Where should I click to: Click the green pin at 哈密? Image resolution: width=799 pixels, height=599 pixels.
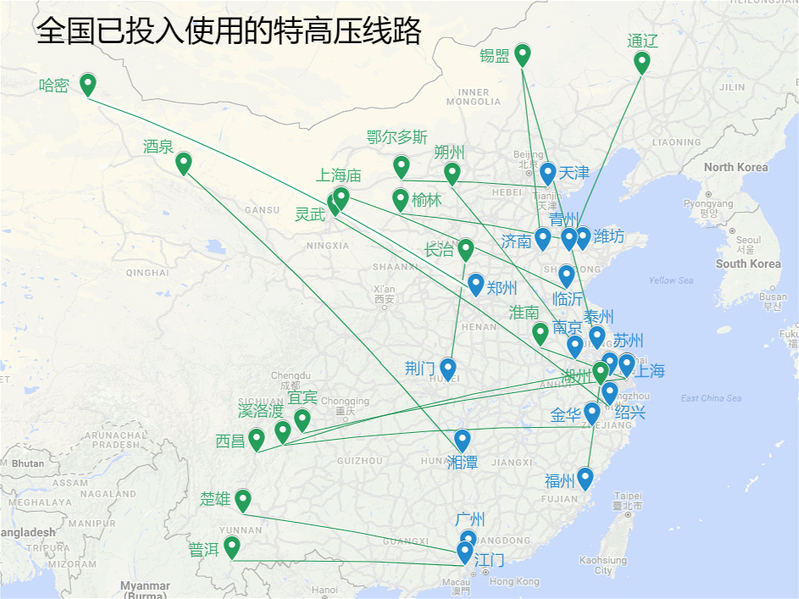tap(87, 83)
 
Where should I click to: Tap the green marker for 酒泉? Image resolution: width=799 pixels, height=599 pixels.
tap(183, 162)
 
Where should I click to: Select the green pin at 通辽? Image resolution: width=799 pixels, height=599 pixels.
tap(641, 61)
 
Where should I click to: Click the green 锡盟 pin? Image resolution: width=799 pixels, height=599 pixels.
tap(523, 54)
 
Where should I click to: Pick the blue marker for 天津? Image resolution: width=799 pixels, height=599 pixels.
tap(548, 172)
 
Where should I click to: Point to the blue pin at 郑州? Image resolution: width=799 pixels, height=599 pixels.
tap(476, 284)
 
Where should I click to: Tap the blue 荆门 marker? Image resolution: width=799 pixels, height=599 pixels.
tap(447, 369)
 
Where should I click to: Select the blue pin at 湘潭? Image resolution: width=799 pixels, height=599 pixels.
tap(462, 440)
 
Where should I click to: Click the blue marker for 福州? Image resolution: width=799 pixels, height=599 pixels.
tap(584, 478)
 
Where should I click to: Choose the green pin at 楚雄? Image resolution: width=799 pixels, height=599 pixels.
tap(242, 500)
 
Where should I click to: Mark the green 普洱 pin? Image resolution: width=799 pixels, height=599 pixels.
tap(231, 546)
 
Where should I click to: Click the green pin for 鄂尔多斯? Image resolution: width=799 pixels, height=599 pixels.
tap(402, 166)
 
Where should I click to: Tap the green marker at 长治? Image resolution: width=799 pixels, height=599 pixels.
tap(465, 249)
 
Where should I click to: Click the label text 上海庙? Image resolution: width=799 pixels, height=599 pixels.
tap(338, 175)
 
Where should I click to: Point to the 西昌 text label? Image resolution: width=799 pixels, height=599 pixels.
tap(230, 441)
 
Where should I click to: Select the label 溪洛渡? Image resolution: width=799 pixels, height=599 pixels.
tap(260, 411)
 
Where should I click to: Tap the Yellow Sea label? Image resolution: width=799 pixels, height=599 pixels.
tap(670, 280)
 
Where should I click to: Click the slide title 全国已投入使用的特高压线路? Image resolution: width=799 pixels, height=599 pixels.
tap(229, 31)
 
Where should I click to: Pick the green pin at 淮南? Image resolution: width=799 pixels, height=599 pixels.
tap(540, 333)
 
